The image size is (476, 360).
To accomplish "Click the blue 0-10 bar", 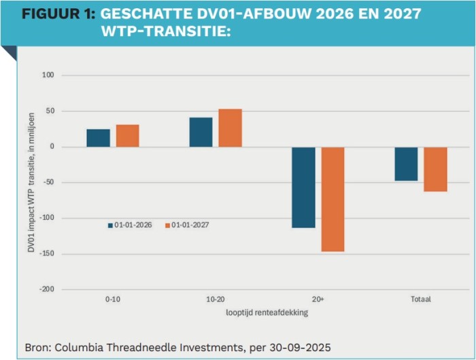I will point(98,138).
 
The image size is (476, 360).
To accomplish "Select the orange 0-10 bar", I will point(127,136).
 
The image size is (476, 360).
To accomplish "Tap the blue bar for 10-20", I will point(201,132).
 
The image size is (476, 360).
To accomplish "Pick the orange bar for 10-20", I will point(230,128).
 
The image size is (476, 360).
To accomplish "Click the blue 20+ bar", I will point(303,187).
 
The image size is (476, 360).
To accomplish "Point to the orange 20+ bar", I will point(333,199).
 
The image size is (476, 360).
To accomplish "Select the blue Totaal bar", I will point(406,164).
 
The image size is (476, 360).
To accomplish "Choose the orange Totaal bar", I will point(435,169).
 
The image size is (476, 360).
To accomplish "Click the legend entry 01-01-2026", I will point(133,225).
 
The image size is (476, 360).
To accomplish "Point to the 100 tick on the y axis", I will point(48,76).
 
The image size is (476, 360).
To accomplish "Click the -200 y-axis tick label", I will point(46,289).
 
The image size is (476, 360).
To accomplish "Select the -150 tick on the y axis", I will point(46,254).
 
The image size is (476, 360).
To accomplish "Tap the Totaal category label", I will point(420,299).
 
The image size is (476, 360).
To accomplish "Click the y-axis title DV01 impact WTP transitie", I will point(31,182).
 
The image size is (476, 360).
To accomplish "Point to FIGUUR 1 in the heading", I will point(57,14).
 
